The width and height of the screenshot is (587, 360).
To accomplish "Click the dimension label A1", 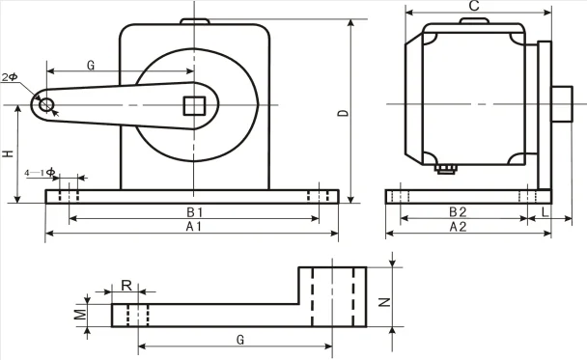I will [193, 227].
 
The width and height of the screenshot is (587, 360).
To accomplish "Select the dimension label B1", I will [193, 211].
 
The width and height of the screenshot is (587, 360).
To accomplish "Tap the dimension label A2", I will [458, 227].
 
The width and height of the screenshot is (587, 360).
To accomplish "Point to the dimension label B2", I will [458, 211].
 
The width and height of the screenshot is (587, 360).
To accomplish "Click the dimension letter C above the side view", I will [474, 7].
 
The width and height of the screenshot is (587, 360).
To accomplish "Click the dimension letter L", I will [545, 211].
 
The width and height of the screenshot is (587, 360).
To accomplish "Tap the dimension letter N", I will [383, 301].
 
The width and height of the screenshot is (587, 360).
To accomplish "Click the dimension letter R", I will [126, 286].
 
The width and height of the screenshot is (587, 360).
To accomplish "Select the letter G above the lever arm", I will [90, 66].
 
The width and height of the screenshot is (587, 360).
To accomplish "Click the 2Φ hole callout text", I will [11, 75].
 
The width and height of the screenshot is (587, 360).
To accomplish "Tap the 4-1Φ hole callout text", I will [40, 171].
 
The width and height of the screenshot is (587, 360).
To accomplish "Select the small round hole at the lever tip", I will [45, 104].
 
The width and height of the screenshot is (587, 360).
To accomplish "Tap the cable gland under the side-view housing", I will [445, 169].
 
